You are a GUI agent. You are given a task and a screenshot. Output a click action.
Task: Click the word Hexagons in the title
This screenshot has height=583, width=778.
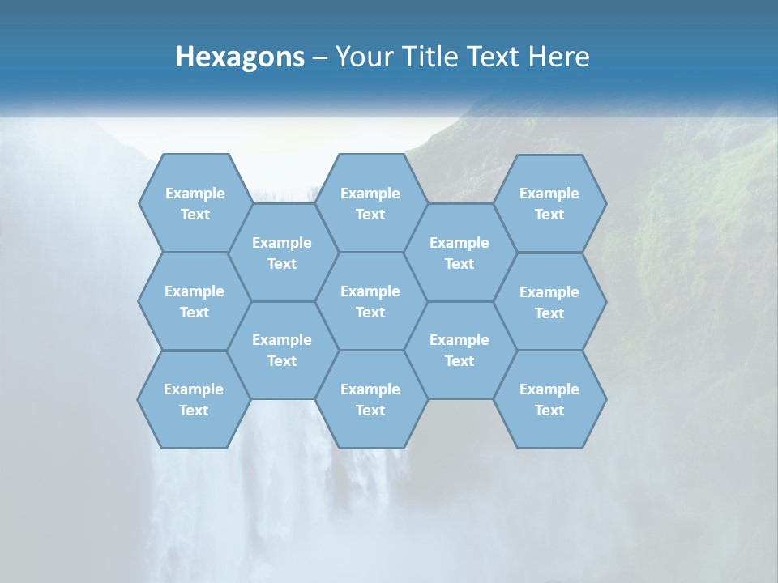[240, 57]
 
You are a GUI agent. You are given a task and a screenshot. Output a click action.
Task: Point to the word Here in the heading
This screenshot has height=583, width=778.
[558, 57]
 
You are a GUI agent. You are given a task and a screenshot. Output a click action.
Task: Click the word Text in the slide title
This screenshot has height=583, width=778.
[493, 57]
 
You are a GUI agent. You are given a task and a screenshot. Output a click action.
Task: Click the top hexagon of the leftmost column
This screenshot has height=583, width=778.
[195, 203]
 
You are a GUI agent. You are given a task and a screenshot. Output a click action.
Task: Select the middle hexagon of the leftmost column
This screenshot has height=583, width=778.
[194, 301]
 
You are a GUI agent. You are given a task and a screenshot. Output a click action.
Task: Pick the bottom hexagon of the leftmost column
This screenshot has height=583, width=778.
[194, 399]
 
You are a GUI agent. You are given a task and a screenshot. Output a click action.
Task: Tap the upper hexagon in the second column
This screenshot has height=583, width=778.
[282, 253]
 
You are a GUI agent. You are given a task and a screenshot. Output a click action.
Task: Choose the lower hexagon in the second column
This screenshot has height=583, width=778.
[282, 350]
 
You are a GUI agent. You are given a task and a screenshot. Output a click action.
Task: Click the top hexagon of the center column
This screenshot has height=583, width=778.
[370, 203]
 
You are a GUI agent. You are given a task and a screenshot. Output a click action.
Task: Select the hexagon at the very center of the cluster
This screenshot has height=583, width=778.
[370, 301]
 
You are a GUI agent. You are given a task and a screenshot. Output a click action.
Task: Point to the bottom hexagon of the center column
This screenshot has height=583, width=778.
[370, 399]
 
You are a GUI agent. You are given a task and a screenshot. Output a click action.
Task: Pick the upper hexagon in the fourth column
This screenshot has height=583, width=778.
[460, 253]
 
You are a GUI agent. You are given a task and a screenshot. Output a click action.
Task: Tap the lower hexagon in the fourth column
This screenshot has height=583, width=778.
[460, 350]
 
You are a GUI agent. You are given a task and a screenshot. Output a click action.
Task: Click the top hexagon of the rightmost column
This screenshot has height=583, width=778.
[549, 203]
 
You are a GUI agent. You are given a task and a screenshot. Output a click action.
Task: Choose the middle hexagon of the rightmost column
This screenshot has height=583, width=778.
[549, 302]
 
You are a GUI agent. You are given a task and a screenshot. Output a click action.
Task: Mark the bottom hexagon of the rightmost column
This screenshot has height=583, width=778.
[549, 399]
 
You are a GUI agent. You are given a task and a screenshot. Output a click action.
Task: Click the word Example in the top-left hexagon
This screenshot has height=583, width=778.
[195, 194]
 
